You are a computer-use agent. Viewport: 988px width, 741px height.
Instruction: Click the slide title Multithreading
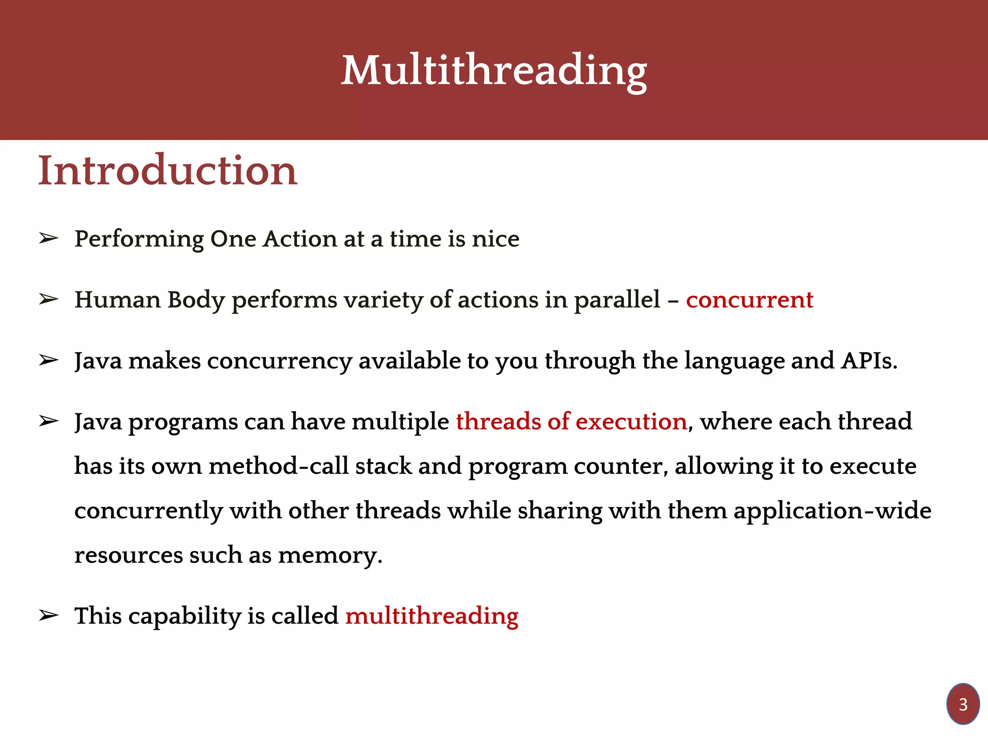(494, 71)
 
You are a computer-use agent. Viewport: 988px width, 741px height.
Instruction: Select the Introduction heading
(167, 171)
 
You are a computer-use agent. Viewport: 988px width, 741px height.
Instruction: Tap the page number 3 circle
(963, 704)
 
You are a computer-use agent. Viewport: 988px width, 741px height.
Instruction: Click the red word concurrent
(749, 300)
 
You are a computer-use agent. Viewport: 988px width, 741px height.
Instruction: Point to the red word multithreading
(432, 617)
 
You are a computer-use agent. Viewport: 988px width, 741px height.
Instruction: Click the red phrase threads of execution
(571, 422)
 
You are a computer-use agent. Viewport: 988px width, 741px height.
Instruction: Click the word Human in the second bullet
(118, 300)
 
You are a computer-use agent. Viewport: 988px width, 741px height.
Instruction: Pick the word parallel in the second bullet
(617, 300)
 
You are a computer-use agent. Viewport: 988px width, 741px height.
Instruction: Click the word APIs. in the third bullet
(869, 361)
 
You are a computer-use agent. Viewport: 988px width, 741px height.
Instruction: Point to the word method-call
(278, 467)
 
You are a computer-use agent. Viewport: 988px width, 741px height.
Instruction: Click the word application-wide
(832, 511)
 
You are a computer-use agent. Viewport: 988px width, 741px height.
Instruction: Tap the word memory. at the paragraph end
(330, 556)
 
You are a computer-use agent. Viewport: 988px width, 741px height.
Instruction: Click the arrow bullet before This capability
(49, 616)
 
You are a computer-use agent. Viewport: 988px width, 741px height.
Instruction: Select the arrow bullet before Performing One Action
(49, 238)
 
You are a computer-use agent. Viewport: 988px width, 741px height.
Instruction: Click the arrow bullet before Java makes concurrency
(49, 360)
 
